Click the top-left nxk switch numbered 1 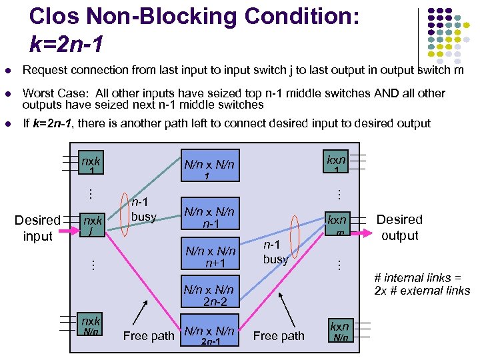coord(91,165)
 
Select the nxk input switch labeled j coord(91,225)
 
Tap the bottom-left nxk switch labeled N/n coord(91,325)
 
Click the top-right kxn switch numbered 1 coord(337,163)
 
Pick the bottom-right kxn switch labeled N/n coord(340,331)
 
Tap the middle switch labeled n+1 coord(209,256)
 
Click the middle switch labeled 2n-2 coord(209,295)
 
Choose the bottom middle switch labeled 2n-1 coord(209,335)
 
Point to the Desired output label coord(399,227)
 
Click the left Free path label coord(148,336)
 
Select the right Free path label coord(279,336)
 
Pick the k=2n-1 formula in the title coord(66,44)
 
